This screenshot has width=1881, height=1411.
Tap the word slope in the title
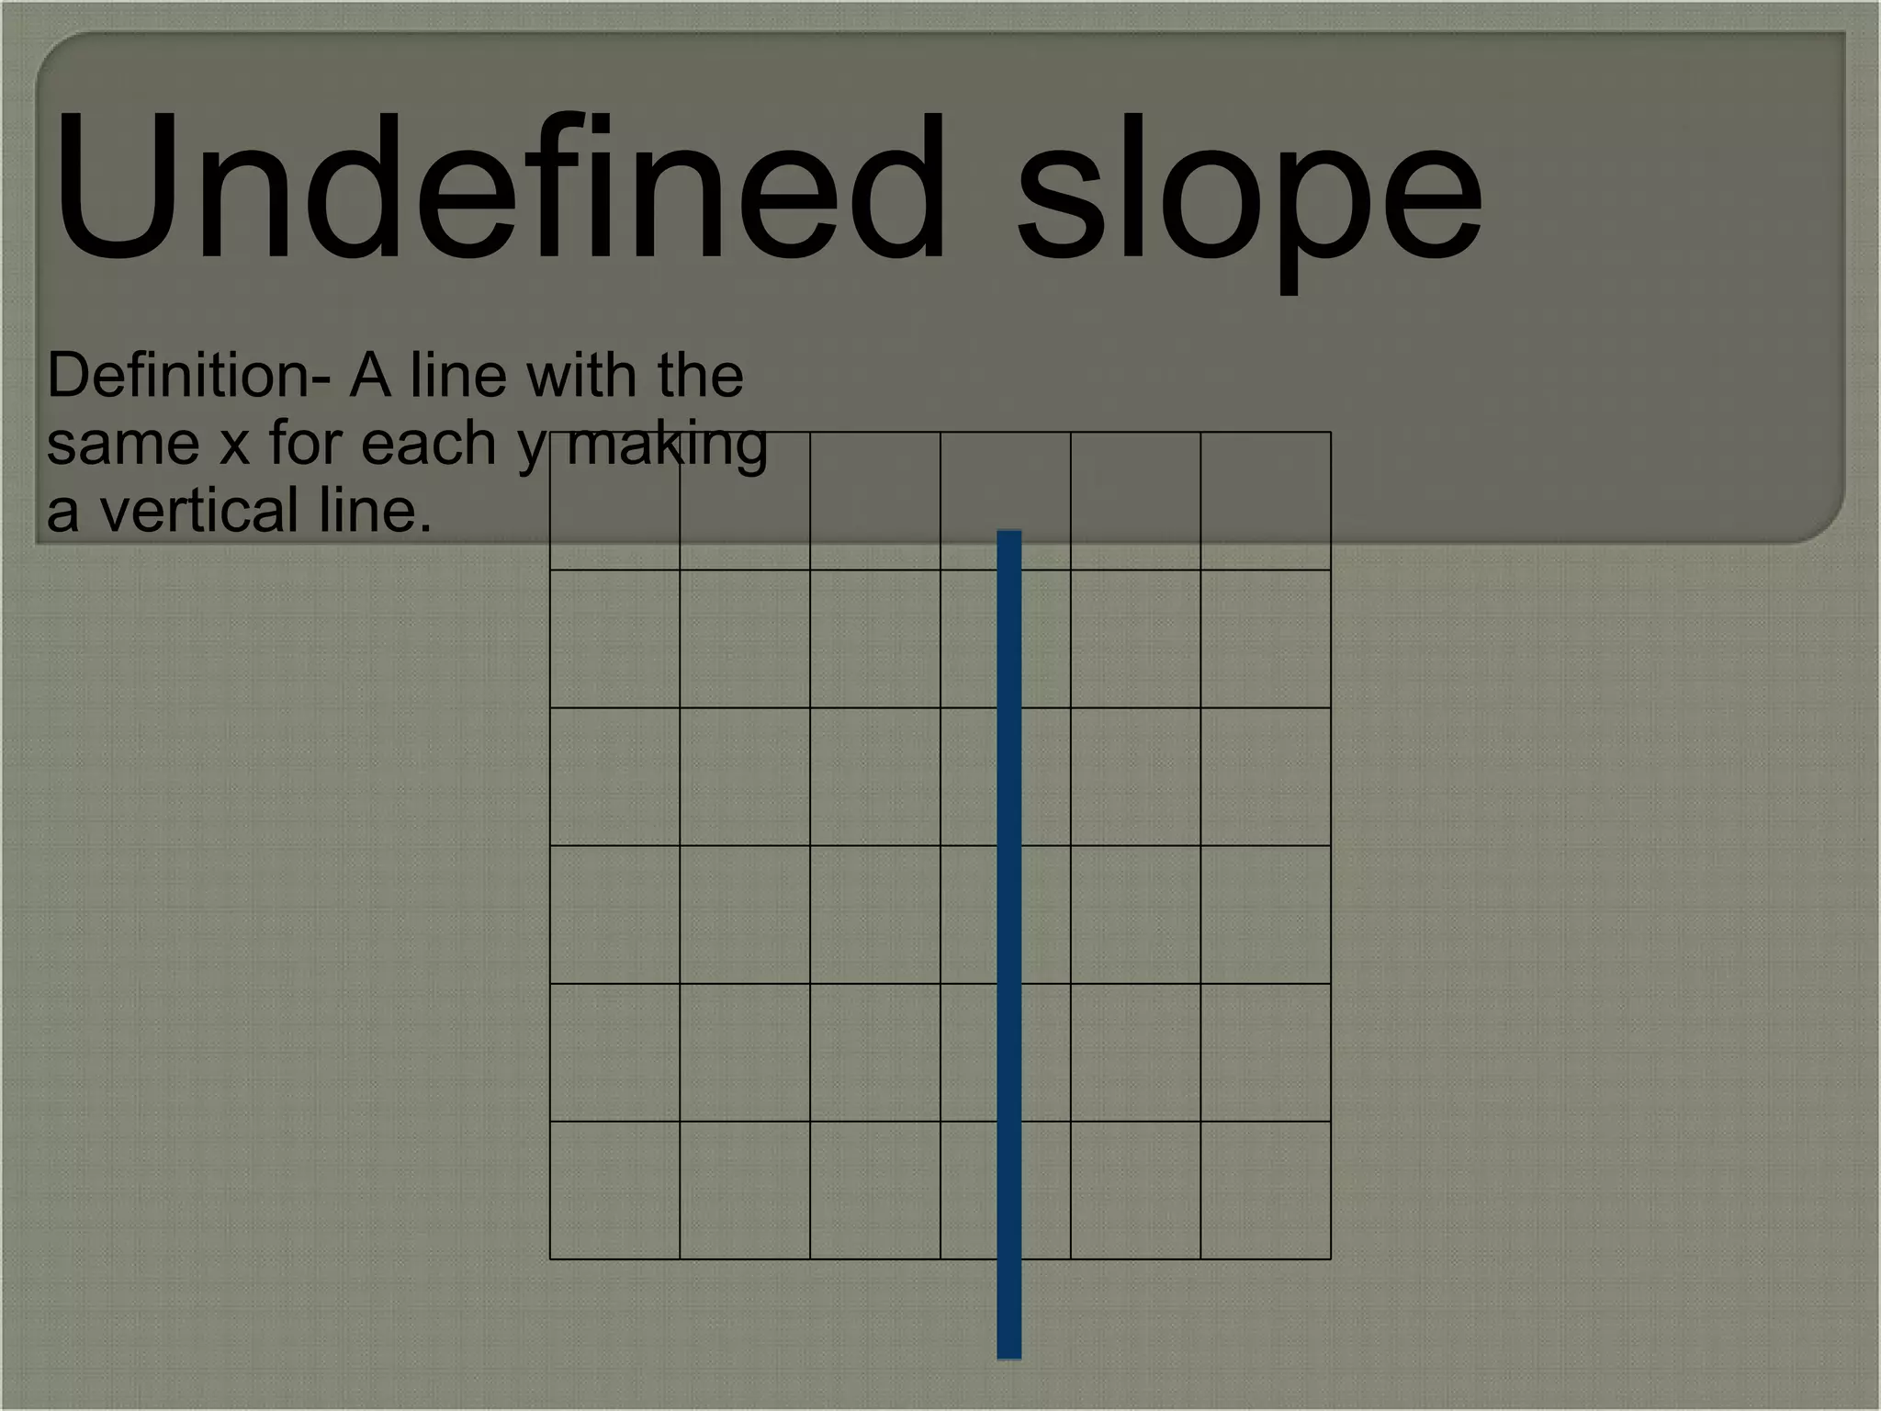[x=1249, y=198]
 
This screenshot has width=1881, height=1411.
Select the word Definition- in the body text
[x=188, y=376]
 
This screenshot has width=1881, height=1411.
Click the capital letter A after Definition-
[x=370, y=376]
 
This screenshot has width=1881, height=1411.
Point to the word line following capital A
[x=458, y=376]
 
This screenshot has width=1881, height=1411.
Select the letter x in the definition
[x=234, y=445]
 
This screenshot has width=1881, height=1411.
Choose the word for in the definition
[x=305, y=443]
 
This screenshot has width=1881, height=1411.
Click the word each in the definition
[x=429, y=443]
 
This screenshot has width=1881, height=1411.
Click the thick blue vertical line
[x=1009, y=919]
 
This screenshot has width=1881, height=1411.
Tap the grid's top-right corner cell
[x=1266, y=501]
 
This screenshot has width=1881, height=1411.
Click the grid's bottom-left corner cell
[x=614, y=1190]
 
